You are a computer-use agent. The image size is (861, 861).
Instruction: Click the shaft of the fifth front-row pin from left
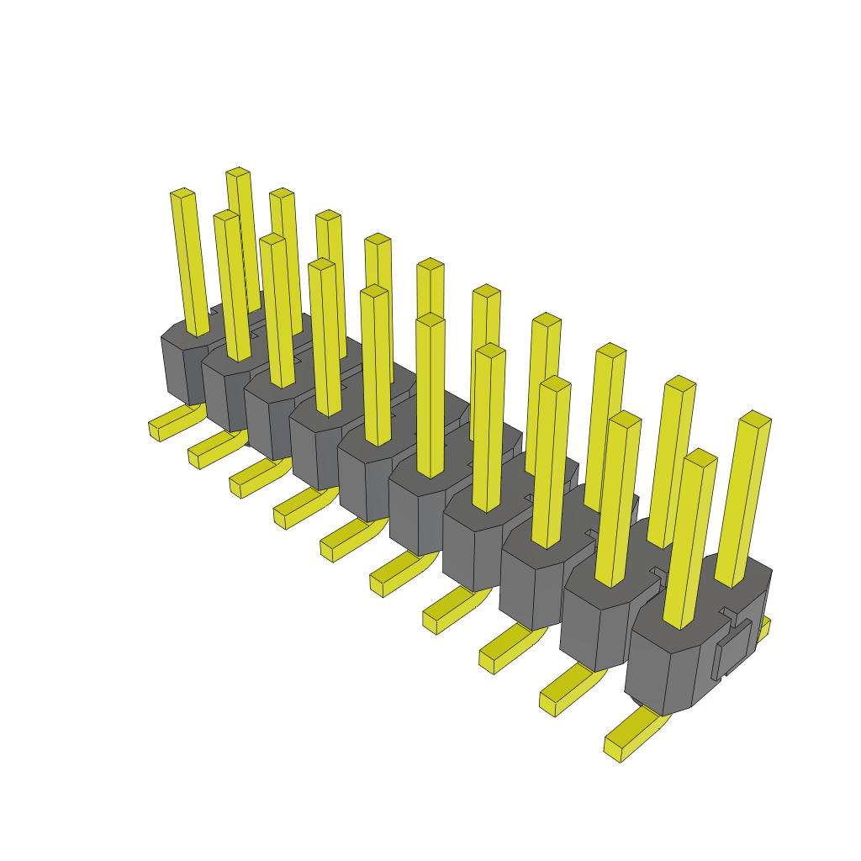click(x=376, y=370)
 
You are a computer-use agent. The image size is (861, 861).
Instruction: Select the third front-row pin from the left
click(x=277, y=311)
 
